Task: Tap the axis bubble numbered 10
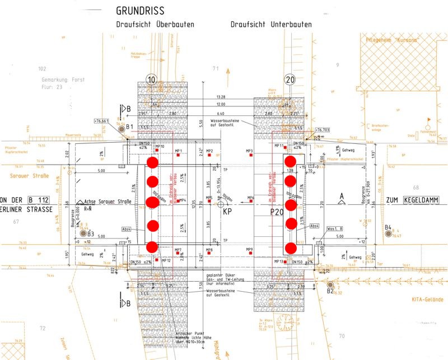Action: tap(151, 80)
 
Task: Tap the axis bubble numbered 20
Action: tap(290, 80)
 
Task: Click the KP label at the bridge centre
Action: tap(227, 212)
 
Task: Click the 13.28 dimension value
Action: tap(220, 97)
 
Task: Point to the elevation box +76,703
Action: tap(328, 128)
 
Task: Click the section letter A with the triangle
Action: tap(342, 196)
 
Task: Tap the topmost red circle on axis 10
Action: tap(152, 163)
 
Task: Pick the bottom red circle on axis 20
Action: tap(290, 247)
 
